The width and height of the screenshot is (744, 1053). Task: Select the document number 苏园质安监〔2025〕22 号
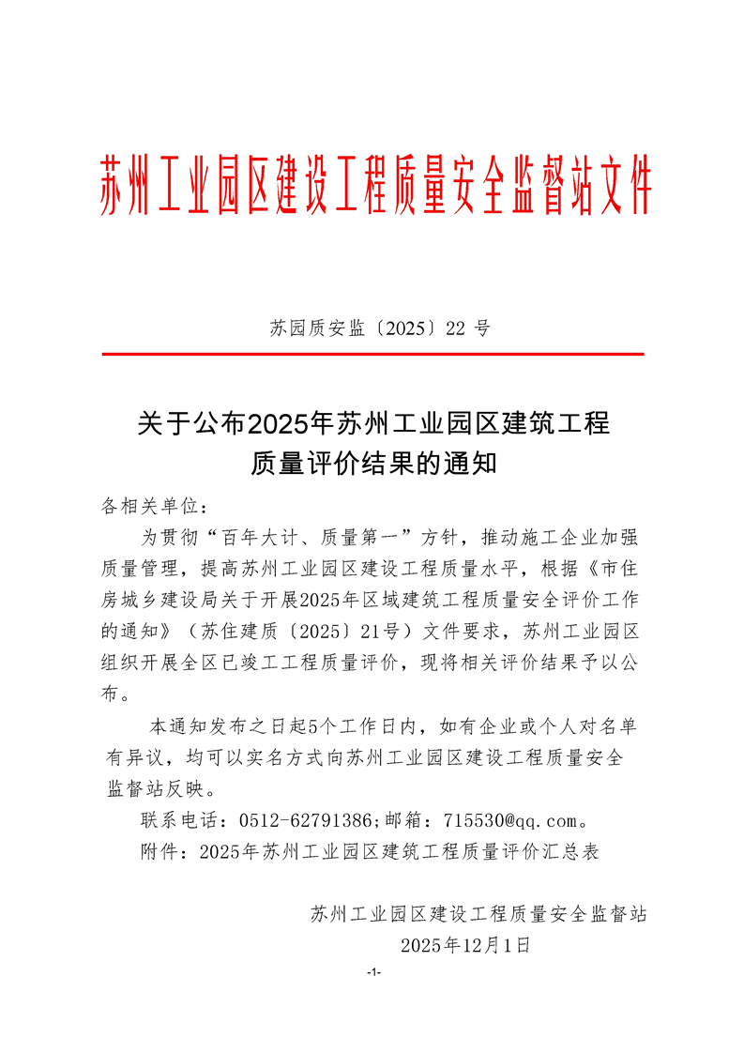[x=380, y=328]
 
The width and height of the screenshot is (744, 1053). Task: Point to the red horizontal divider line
[x=372, y=354]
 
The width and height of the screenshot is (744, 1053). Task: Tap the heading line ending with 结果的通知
[x=372, y=464]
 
